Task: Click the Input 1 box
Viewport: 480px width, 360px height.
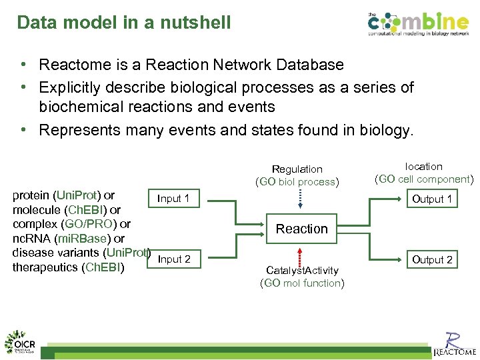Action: pyautogui.click(x=173, y=199)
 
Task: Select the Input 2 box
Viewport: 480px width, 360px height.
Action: pyautogui.click(x=174, y=259)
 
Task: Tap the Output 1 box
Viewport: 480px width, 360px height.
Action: pyautogui.click(x=432, y=199)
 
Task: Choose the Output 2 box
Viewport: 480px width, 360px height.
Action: pyautogui.click(x=432, y=259)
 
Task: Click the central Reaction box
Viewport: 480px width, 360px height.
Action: pyautogui.click(x=301, y=229)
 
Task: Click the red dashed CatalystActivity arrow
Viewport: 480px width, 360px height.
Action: pyautogui.click(x=301, y=256)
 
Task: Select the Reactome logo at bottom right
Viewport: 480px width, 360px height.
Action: pyautogui.click(x=455, y=343)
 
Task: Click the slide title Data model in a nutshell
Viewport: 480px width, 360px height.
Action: pyautogui.click(x=124, y=23)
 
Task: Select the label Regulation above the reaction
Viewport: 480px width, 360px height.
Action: pyautogui.click(x=297, y=169)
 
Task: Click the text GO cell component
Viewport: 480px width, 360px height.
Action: pyautogui.click(x=424, y=179)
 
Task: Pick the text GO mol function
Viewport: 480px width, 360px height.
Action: pyautogui.click(x=302, y=283)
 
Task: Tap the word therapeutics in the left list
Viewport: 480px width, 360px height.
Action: pyautogui.click(x=45, y=267)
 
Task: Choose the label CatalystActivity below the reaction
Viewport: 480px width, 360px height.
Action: pyautogui.click(x=302, y=270)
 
